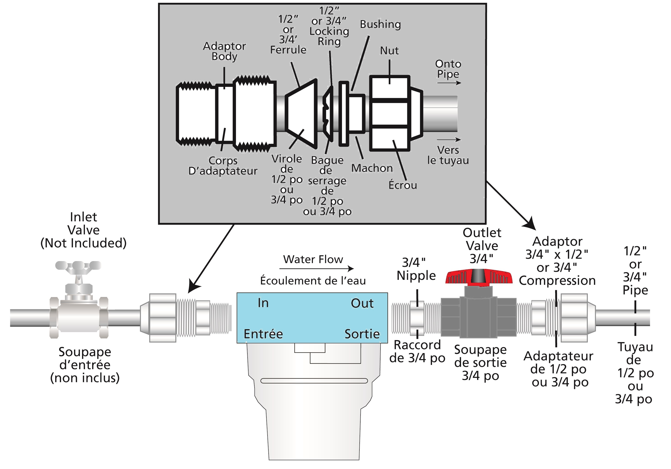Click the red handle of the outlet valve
[479, 277]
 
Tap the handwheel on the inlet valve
[78, 266]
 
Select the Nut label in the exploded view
[389, 51]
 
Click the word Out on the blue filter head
[362, 304]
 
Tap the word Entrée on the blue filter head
[263, 334]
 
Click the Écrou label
[403, 185]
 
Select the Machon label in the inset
[372, 168]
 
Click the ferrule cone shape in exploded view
[301, 112]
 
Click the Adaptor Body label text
[224, 51]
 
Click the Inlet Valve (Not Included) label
[84, 230]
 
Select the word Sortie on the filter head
[362, 334]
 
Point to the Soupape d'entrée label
[85, 365]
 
